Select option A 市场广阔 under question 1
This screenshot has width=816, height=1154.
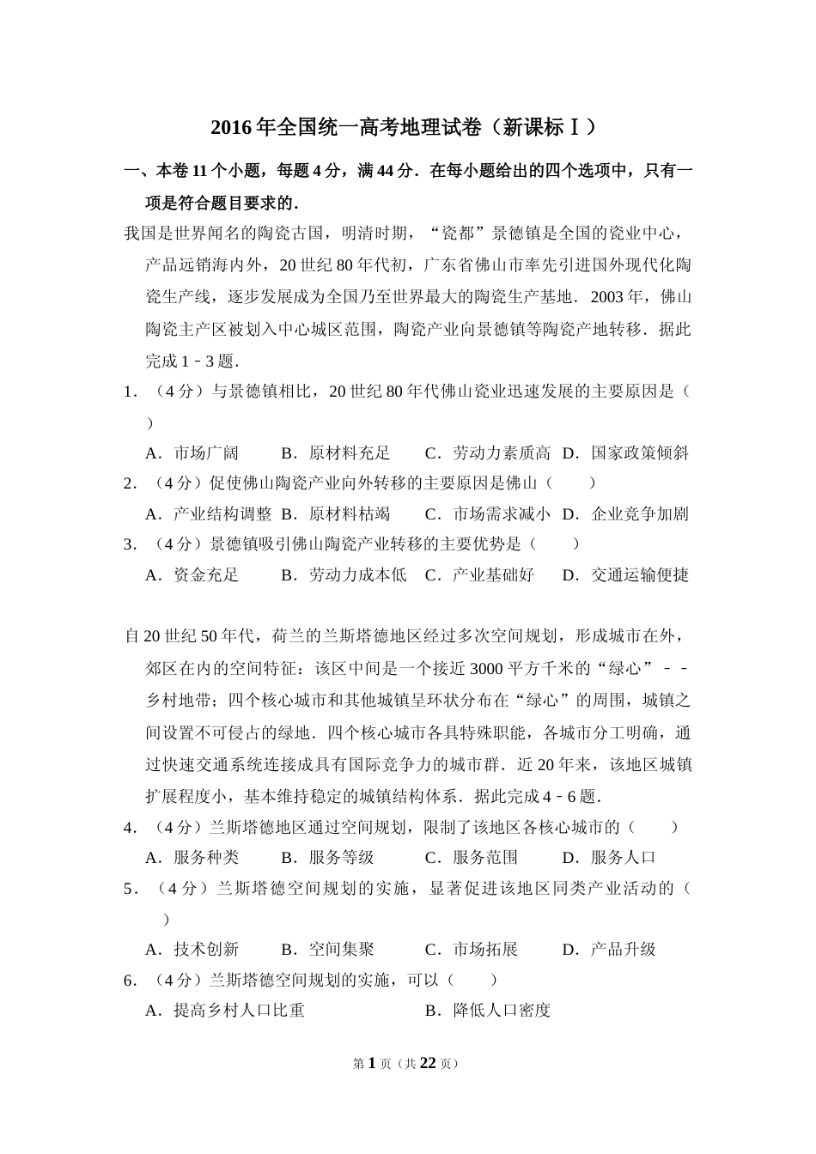click(x=193, y=452)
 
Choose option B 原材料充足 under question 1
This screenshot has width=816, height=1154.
click(x=336, y=452)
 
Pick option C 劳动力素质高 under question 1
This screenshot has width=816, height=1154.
click(x=488, y=452)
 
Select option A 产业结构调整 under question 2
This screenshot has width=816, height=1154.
click(x=209, y=513)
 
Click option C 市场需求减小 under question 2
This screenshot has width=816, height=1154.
click(x=488, y=513)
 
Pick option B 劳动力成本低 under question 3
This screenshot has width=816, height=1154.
click(x=344, y=574)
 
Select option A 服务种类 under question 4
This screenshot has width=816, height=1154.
click(x=193, y=857)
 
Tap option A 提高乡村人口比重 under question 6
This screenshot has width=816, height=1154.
click(x=225, y=1010)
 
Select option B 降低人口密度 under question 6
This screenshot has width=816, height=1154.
click(x=488, y=1010)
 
